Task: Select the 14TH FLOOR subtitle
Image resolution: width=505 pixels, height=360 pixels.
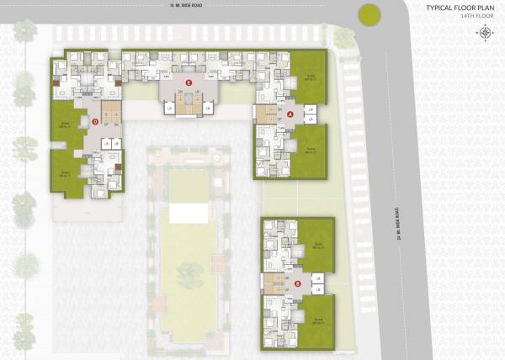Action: (475, 17)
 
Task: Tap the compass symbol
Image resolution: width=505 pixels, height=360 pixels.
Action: (486, 33)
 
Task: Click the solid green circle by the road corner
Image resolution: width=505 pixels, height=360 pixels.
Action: (368, 14)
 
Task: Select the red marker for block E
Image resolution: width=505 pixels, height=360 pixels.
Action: (189, 82)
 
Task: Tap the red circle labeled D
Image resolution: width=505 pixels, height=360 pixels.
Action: (95, 123)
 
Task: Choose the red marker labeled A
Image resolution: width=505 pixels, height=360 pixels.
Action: (291, 113)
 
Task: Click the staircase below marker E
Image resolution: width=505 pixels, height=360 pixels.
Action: (189, 102)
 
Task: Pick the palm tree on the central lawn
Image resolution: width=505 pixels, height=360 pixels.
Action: (190, 273)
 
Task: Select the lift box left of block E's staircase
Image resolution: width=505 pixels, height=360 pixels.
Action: (169, 109)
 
